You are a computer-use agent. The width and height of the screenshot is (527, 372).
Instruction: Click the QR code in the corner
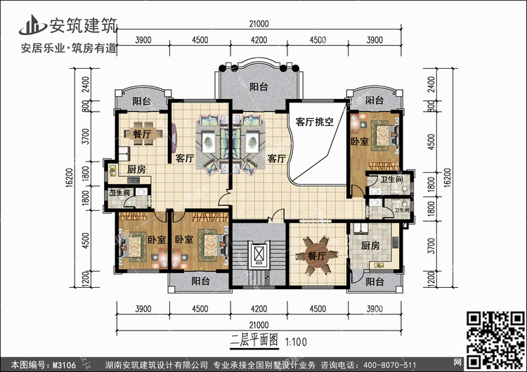click(x=495, y=340)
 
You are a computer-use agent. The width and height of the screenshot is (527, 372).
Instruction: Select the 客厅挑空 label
click(x=315, y=121)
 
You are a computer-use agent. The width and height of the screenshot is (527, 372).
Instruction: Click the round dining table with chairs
click(x=316, y=255)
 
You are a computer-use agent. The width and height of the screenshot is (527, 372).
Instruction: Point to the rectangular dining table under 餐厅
click(x=143, y=133)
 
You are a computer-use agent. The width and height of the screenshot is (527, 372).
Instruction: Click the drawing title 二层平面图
click(x=254, y=340)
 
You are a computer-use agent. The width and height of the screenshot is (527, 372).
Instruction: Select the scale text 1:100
click(x=296, y=342)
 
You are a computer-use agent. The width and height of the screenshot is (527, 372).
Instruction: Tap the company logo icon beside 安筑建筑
click(x=32, y=25)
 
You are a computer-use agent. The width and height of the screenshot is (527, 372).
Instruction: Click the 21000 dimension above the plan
click(x=259, y=24)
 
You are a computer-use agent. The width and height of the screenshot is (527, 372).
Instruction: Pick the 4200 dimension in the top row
click(x=259, y=40)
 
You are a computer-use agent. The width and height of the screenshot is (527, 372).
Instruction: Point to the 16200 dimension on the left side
click(x=70, y=178)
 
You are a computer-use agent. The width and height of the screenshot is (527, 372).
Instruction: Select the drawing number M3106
click(x=64, y=365)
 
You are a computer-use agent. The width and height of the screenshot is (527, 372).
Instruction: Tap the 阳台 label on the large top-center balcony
click(x=259, y=87)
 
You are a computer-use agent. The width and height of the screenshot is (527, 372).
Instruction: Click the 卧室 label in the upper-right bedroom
click(x=360, y=141)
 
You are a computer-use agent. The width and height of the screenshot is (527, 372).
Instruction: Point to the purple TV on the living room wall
click(x=174, y=138)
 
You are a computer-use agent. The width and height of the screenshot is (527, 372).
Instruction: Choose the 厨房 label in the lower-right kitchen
click(x=370, y=246)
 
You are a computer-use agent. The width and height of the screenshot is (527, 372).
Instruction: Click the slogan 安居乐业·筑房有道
click(x=69, y=48)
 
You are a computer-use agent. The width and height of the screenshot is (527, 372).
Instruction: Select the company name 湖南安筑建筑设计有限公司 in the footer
click(x=156, y=365)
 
